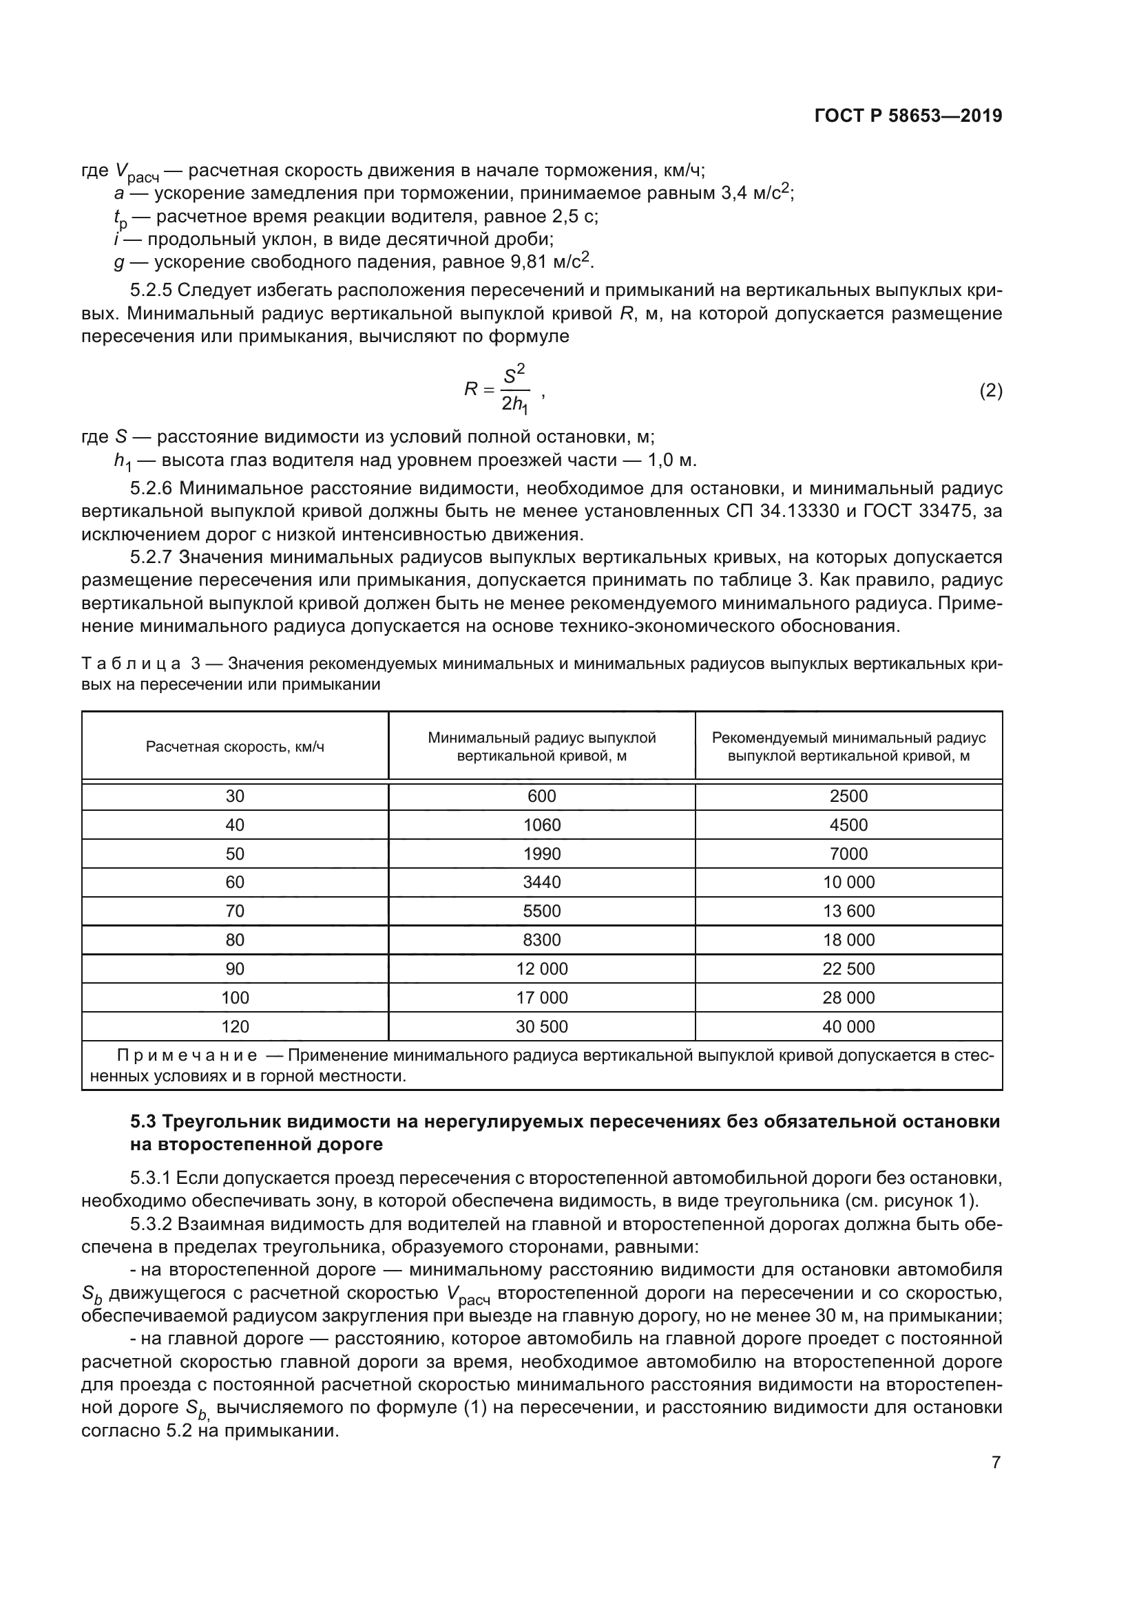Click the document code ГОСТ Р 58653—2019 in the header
tap(908, 116)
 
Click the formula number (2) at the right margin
tap(990, 390)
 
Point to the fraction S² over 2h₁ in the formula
tap(515, 388)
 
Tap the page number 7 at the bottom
tap(996, 1462)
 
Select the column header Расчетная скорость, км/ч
tap(235, 747)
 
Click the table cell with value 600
tap(541, 796)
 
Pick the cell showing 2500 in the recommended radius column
tap(848, 796)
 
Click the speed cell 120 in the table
tap(235, 1026)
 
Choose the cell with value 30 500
tap(541, 1026)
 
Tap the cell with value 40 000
tap(848, 1026)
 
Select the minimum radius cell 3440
tap(541, 882)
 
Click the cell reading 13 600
tap(848, 911)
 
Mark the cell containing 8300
tap(541, 940)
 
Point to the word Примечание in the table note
tap(187, 1056)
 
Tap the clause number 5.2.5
tap(152, 290)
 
